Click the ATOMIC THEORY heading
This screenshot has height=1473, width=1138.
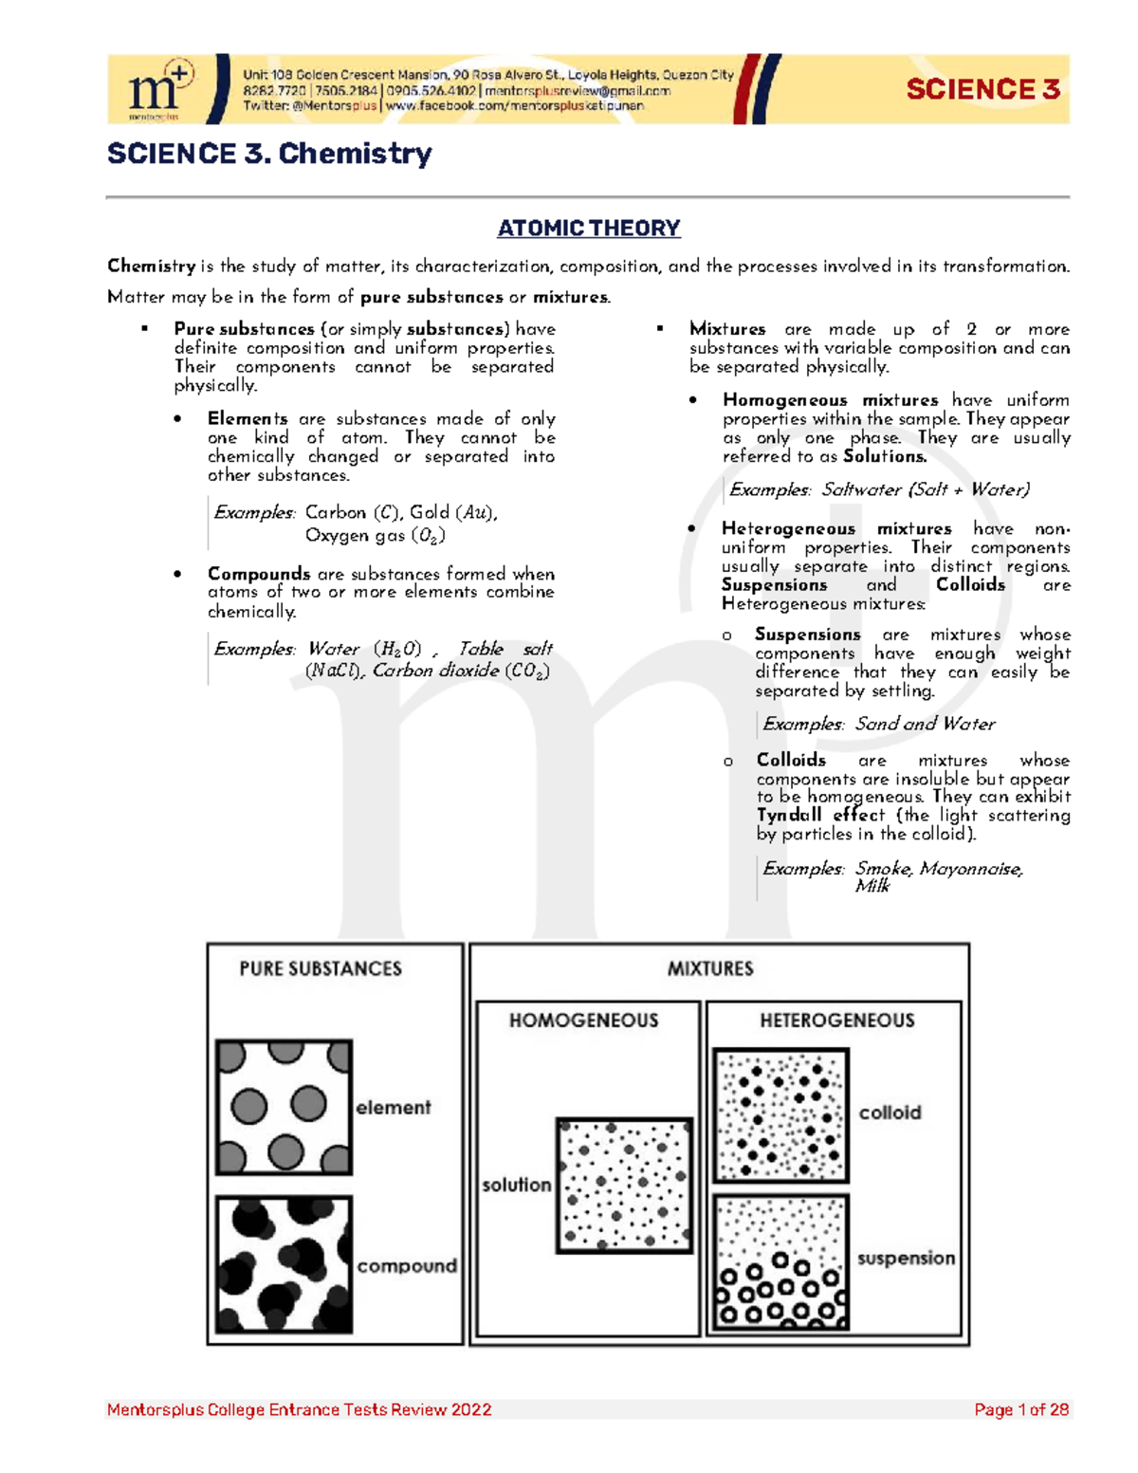tap(589, 229)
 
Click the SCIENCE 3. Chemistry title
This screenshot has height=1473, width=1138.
tap(269, 154)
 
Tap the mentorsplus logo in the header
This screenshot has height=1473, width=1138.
tap(160, 90)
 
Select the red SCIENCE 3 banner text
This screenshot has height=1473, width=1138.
tap(982, 90)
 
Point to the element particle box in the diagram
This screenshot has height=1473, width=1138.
tap(284, 1107)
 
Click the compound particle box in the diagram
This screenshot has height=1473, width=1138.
tap(284, 1264)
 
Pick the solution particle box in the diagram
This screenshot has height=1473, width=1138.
tap(624, 1186)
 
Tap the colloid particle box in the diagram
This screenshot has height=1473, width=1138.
tap(780, 1114)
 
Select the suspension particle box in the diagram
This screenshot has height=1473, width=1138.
tap(780, 1262)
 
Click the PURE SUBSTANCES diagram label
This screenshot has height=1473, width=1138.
tap(321, 968)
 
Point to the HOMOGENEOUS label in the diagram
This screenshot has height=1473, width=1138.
tap(583, 1021)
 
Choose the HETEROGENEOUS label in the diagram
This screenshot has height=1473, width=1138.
tap(837, 1021)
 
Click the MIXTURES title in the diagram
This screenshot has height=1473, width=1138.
tap(710, 968)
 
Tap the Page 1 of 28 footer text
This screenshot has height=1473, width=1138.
tap(1021, 1409)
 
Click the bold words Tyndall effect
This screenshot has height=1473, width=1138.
tap(820, 816)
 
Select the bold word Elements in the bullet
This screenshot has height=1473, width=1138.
tap(248, 419)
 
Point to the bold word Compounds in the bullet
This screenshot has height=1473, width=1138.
tap(259, 574)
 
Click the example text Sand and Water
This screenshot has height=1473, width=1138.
tap(925, 724)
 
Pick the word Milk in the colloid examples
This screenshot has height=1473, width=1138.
tap(872, 886)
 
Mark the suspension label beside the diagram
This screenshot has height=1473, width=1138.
tap(906, 1259)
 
